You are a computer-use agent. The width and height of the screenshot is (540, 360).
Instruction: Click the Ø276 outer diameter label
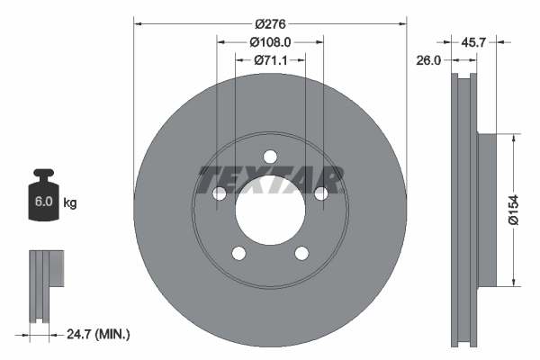coord(270,24)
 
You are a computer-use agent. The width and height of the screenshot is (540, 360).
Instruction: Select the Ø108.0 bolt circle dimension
coord(270,42)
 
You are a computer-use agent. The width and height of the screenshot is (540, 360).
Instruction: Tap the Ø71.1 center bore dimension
coord(270,60)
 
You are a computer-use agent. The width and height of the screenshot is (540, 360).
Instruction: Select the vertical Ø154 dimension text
coord(525,210)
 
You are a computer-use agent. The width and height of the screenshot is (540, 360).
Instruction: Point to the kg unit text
coord(70,203)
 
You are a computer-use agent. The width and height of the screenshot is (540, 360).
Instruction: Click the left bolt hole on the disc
coord(219,193)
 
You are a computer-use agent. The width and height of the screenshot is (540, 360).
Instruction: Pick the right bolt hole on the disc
coord(321,193)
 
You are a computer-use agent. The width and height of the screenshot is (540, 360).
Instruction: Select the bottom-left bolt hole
coord(238,254)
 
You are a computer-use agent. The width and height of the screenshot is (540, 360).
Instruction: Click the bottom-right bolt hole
coord(301,254)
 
